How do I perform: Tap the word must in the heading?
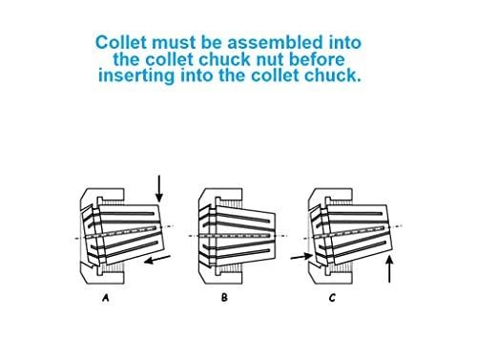pos(174,43)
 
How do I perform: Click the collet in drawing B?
pos(243,232)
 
